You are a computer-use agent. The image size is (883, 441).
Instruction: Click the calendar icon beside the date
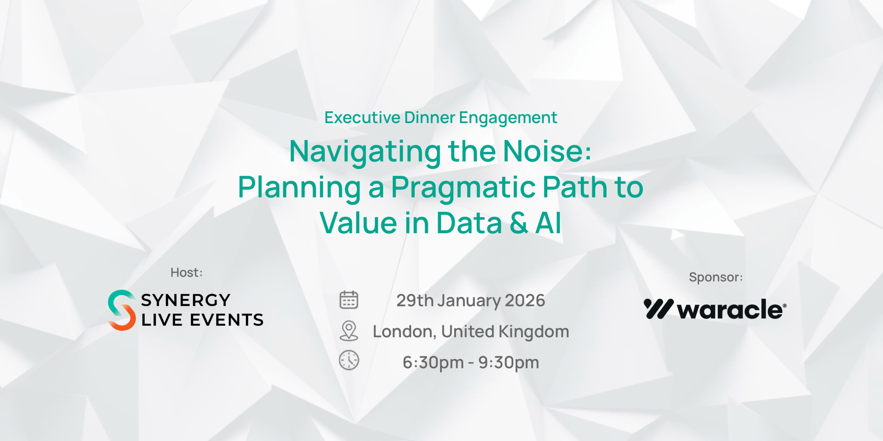click(349, 300)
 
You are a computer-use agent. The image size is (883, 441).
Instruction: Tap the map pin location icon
click(349, 331)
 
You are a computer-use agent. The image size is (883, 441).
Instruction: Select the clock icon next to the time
click(349, 360)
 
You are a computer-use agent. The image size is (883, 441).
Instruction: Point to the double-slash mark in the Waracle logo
click(658, 309)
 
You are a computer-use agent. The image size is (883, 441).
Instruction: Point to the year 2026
click(525, 300)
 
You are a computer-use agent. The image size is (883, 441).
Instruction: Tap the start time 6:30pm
click(433, 362)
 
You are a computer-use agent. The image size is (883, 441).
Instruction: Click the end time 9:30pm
click(508, 362)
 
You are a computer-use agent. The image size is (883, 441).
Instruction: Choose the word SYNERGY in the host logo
click(186, 300)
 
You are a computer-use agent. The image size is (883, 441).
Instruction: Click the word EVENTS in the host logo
click(227, 320)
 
